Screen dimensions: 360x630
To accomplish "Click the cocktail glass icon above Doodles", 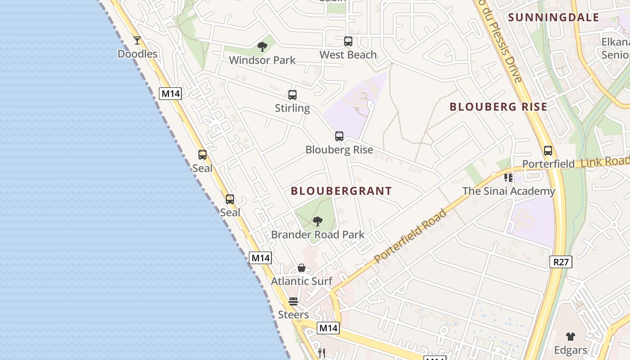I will pyautogui.click(x=137, y=40).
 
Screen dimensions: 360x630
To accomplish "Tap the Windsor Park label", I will pyautogui.click(x=262, y=60).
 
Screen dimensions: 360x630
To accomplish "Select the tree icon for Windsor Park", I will pyautogui.click(x=262, y=46).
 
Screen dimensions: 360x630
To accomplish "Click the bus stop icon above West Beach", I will pyautogui.click(x=348, y=41).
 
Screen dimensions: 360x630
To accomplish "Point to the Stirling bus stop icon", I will pyautogui.click(x=292, y=95).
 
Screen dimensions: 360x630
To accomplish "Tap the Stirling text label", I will pyautogui.click(x=292, y=108).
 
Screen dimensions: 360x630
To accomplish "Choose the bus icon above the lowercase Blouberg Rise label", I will pyautogui.click(x=339, y=136).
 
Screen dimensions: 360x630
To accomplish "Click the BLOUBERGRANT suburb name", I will pyautogui.click(x=342, y=191).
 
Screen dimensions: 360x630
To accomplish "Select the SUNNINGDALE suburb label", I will pyautogui.click(x=553, y=18).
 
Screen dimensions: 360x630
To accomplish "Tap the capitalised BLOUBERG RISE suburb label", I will pyautogui.click(x=499, y=107).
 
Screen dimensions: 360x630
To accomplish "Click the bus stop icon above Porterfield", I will pyautogui.click(x=548, y=151).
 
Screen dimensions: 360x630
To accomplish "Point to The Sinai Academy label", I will pyautogui.click(x=509, y=191).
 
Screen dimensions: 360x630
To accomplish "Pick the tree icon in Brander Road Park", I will pyautogui.click(x=318, y=221).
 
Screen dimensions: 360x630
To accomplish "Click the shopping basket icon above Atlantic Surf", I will pyautogui.click(x=301, y=268).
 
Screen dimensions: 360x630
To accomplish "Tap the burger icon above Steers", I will pyautogui.click(x=293, y=301).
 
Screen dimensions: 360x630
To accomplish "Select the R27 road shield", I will pyautogui.click(x=561, y=262).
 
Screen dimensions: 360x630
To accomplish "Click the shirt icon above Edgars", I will pyautogui.click(x=571, y=336).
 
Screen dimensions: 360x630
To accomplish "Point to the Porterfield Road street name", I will pyautogui.click(x=410, y=236).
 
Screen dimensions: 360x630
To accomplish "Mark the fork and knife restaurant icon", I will pyautogui.click(x=321, y=353).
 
